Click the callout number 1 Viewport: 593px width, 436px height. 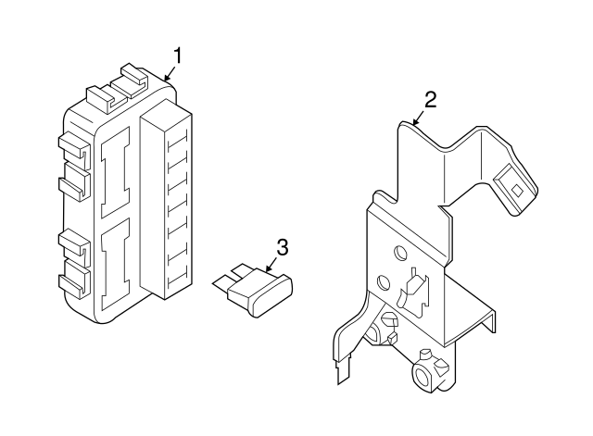[x=178, y=56]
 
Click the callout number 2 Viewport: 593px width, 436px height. [x=430, y=100]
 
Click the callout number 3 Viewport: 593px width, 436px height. [x=282, y=247]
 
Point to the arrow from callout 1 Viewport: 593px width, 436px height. [x=170, y=74]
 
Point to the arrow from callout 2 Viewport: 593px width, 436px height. [x=418, y=118]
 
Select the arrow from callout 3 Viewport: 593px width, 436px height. [x=271, y=265]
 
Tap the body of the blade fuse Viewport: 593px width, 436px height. [x=260, y=293]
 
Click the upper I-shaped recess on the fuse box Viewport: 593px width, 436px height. [x=115, y=172]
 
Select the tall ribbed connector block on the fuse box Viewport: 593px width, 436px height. [x=166, y=200]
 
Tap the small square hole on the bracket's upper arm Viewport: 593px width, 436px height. [x=517, y=191]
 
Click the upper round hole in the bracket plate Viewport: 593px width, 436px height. [x=399, y=252]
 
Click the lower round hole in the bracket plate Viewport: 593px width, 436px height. [x=384, y=281]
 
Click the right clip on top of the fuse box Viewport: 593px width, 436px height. [x=134, y=81]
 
